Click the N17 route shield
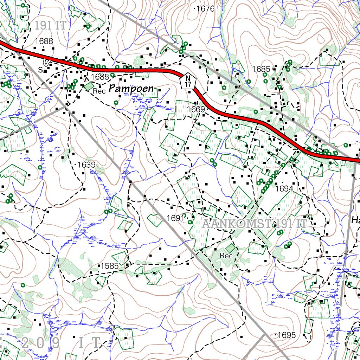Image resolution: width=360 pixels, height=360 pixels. coord(188,81)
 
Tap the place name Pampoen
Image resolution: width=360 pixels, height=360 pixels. coord(131,89)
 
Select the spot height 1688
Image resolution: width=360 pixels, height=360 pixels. coord(44,41)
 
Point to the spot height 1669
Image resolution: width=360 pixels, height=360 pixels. coord(196,109)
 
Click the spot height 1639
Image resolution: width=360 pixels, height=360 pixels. coord(86,165)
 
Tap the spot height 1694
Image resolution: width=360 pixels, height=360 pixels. coord(284,189)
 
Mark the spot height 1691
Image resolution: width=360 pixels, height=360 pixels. coord(175,218)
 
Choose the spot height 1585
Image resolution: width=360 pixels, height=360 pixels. coord(109,266)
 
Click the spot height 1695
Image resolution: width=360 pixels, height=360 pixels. coord(286,335)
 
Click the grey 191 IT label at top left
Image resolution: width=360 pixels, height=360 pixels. coord(51,25)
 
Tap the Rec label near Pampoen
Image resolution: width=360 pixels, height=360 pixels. coord(99,91)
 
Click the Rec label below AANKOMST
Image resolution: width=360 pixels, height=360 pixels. coord(226,256)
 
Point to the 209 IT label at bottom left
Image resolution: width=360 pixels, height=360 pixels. coord(60,342)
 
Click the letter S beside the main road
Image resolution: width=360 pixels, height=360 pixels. coord(40,70)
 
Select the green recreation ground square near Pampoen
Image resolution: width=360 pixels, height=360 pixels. coord(89,85)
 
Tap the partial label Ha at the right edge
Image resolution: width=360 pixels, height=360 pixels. coord(355,220)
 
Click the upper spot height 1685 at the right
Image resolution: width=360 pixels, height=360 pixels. coord(261,69)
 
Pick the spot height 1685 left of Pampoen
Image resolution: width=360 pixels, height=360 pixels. coord(99,76)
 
